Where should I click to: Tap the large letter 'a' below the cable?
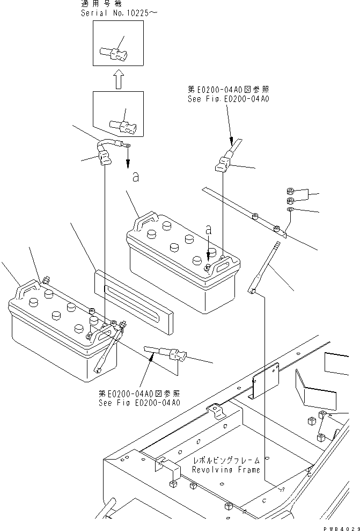[136, 177]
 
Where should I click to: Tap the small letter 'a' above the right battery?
[208, 229]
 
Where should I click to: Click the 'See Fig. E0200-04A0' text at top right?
[227, 99]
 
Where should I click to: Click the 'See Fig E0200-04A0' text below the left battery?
[138, 403]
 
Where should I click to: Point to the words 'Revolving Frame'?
[226, 470]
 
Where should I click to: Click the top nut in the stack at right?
[289, 191]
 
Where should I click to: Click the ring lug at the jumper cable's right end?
[128, 143]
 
